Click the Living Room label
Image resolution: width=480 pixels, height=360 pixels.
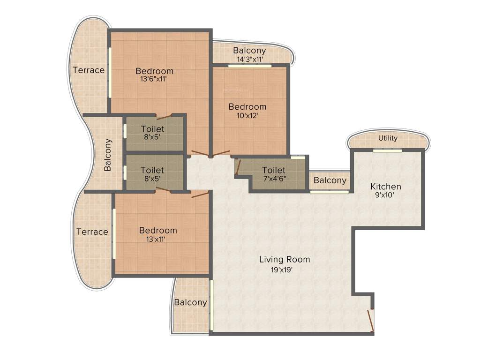click(x=285, y=259)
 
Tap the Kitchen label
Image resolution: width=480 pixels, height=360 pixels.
click(x=385, y=187)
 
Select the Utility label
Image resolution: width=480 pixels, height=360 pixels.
click(x=388, y=138)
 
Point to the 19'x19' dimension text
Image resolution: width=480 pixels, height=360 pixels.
click(x=285, y=270)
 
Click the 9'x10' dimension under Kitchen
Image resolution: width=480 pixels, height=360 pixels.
click(x=385, y=196)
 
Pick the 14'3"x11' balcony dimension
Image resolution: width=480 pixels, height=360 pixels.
click(x=249, y=59)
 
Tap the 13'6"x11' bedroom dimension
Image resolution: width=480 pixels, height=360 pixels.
click(x=154, y=79)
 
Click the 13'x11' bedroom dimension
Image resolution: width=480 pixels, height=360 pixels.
click(x=155, y=239)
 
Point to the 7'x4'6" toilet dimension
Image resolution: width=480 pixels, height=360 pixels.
click(x=274, y=179)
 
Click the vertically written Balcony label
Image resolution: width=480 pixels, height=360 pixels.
click(x=108, y=154)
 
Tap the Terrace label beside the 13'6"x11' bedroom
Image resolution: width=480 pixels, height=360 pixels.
click(x=89, y=70)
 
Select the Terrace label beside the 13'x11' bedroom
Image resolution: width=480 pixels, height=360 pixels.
click(x=92, y=232)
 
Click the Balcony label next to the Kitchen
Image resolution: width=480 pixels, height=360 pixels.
click(x=330, y=180)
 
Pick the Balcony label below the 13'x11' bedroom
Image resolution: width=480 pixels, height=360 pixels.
click(x=190, y=302)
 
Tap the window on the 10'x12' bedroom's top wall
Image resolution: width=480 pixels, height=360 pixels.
click(x=250, y=66)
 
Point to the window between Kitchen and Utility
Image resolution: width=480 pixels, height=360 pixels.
click(x=388, y=150)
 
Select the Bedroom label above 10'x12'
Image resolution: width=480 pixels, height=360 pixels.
click(x=247, y=107)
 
